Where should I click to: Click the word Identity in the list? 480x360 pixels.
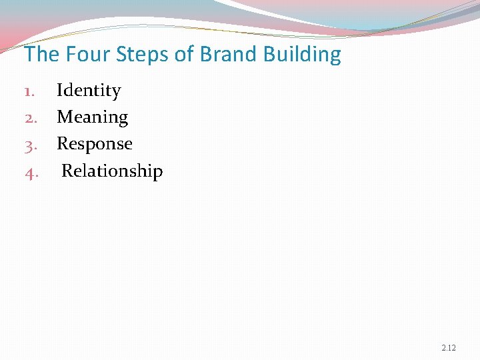tap(89, 91)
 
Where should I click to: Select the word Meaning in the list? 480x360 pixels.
tap(92, 117)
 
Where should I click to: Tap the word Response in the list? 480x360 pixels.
tap(94, 144)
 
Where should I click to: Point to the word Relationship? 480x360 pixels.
tap(112, 171)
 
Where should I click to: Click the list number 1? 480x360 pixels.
tap(30, 91)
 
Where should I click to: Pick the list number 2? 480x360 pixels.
tap(31, 118)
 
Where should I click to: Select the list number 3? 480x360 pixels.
tap(31, 145)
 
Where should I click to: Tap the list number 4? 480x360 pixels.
tap(31, 172)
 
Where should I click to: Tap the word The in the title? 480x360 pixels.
tap(42, 54)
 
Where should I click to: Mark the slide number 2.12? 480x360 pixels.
tap(449, 349)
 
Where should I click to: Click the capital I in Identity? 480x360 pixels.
tap(59, 91)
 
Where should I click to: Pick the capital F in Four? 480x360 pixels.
tap(71, 54)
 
